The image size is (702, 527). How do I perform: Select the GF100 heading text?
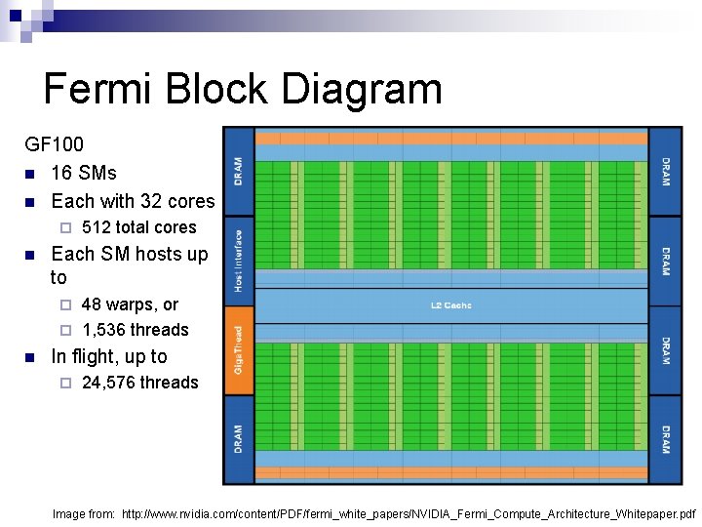(x=55, y=144)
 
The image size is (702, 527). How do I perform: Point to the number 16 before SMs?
(x=61, y=173)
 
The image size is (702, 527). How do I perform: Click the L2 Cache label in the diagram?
(x=450, y=305)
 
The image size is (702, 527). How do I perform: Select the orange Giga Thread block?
(x=239, y=349)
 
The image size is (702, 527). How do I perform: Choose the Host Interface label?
(x=239, y=261)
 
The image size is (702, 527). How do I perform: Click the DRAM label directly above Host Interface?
(x=239, y=172)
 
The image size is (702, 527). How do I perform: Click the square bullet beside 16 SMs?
(x=30, y=174)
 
